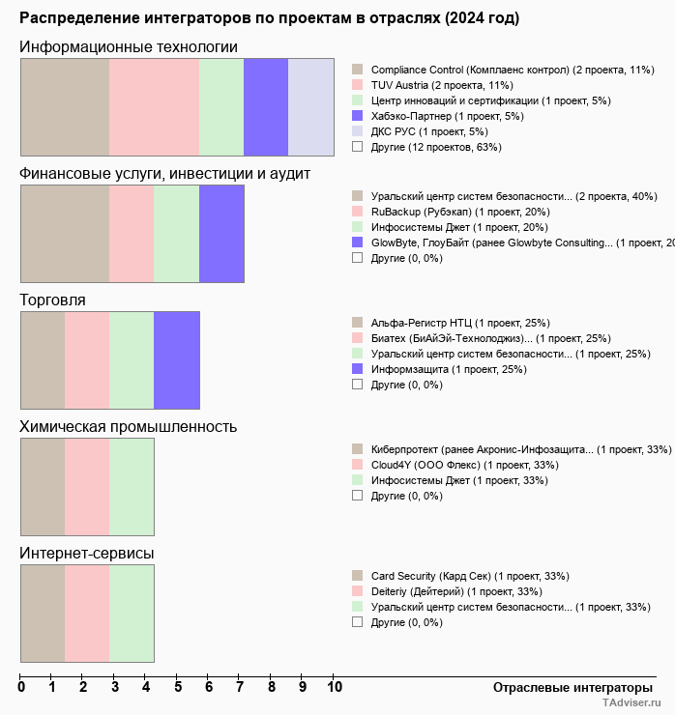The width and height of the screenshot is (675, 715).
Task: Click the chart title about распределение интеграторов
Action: [269, 18]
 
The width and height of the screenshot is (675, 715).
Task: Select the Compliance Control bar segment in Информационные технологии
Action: [65, 106]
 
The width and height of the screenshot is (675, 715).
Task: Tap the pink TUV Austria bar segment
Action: [154, 106]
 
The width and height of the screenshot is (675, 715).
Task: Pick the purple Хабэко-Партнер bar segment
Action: [266, 106]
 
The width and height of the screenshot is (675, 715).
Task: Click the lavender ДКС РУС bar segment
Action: [311, 106]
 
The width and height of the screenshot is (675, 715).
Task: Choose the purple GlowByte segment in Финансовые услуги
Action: [221, 233]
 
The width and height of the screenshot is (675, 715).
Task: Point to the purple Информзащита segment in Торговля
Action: [177, 360]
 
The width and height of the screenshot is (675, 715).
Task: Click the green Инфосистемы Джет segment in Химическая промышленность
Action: [132, 487]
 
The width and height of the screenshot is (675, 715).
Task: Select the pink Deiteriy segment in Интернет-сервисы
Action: [87, 614]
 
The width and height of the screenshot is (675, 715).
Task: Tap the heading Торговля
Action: [53, 300]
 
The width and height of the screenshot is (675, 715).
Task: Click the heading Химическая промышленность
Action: [129, 427]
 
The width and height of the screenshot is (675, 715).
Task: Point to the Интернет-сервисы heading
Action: [87, 554]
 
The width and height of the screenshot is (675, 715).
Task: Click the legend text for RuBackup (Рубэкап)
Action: [460, 212]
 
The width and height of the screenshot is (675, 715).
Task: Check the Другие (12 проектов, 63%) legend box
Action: [358, 147]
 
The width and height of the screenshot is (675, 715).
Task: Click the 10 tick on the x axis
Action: [335, 688]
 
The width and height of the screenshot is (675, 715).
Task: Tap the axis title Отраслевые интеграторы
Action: [567, 687]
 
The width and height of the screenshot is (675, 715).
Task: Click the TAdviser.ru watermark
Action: [631, 704]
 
